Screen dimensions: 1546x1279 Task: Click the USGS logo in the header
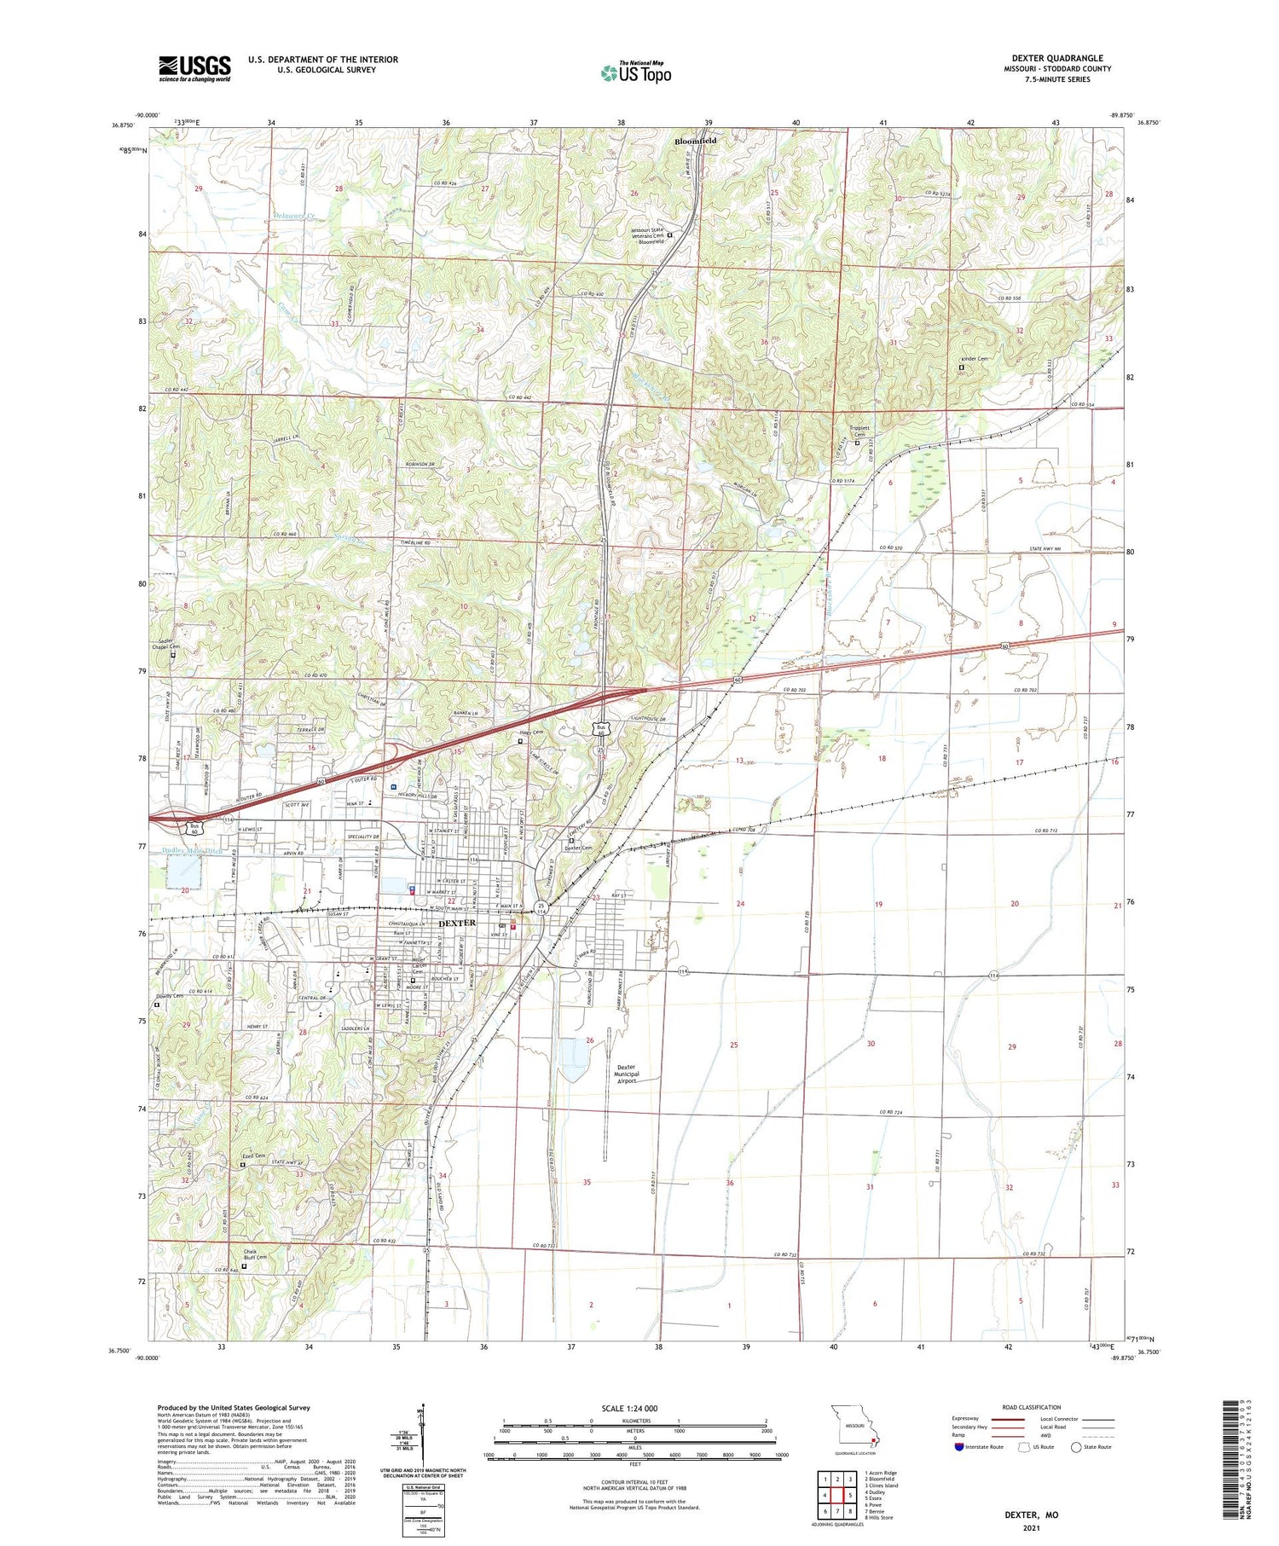[x=194, y=68]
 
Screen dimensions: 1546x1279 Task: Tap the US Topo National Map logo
[x=635, y=73]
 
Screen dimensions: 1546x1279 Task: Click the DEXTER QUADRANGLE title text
[x=1056, y=58]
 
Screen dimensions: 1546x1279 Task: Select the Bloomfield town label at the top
[x=695, y=141]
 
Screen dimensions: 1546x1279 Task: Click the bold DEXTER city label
[x=457, y=923]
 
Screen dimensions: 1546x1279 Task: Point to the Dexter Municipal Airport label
[x=627, y=1074]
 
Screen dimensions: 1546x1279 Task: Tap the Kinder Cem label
[x=974, y=359]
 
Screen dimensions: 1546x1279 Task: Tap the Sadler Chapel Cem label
[x=167, y=644]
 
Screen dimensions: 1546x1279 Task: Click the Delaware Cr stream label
[x=294, y=218]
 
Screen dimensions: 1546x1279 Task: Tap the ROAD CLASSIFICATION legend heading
[x=1032, y=1407]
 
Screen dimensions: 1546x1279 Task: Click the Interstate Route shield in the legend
[x=959, y=1447]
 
